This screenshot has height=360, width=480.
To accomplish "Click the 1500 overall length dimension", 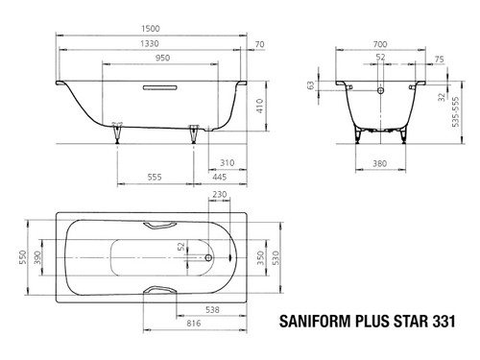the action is tap(151, 29).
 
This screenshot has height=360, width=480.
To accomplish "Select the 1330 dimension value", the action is tap(150, 43).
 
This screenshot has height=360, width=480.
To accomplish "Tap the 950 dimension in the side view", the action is tap(162, 58).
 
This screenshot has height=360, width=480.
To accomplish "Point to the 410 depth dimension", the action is tap(259, 106).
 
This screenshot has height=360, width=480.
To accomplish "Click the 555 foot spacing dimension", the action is tap(155, 177).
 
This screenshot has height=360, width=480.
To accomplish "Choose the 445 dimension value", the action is tap(220, 177).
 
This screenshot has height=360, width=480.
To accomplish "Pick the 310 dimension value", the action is tap(227, 163).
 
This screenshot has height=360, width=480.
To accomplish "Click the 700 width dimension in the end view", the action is tap(380, 44).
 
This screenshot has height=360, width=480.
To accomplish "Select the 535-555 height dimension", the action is tap(455, 111).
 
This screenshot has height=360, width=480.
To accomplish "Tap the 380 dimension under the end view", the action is tap(380, 163).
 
